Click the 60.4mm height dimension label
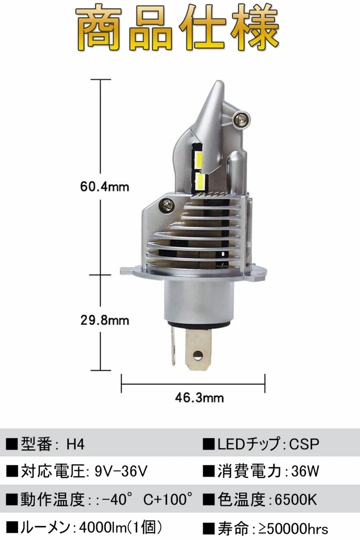point(105,187)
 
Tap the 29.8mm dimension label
point(105,320)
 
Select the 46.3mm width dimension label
point(199,398)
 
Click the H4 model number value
point(76,444)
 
